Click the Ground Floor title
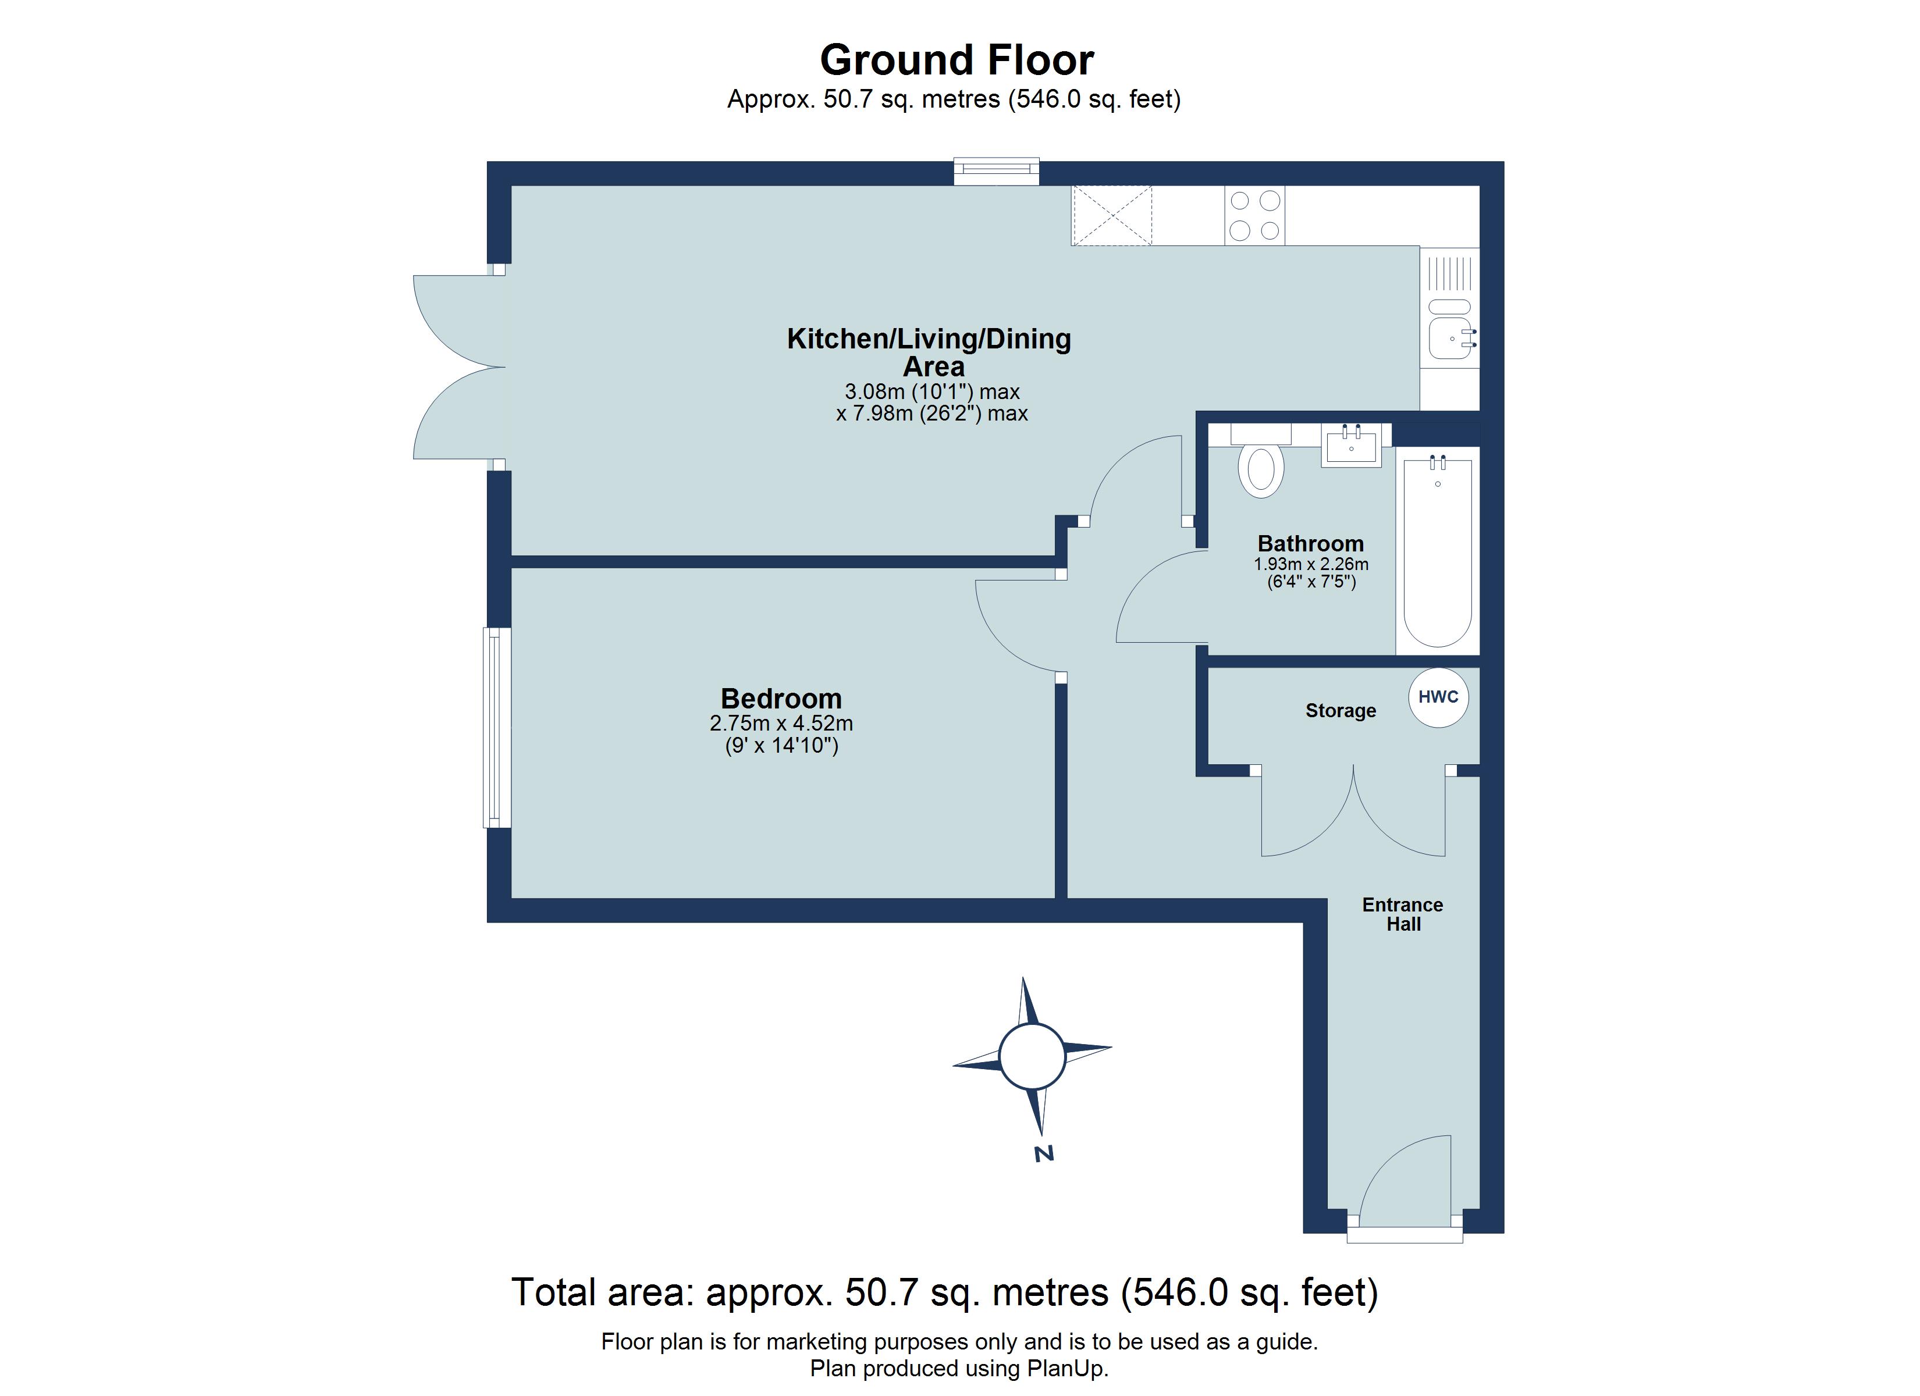point(957,60)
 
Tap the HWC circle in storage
point(1438,697)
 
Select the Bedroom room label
point(781,699)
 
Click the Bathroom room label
point(1310,543)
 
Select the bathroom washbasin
point(1350,446)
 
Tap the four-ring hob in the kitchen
point(1254,216)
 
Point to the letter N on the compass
point(1044,1153)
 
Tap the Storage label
point(1339,710)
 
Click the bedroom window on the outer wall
point(497,727)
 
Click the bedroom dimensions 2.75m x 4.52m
point(781,724)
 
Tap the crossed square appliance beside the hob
point(1111,216)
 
